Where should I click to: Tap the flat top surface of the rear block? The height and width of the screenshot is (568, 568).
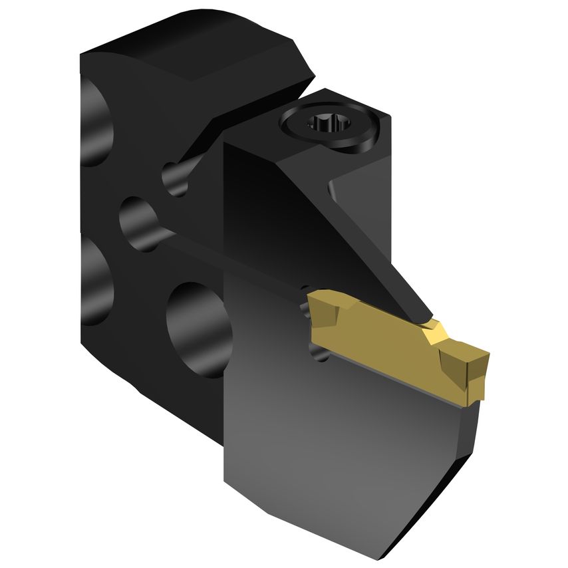click(200, 40)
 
